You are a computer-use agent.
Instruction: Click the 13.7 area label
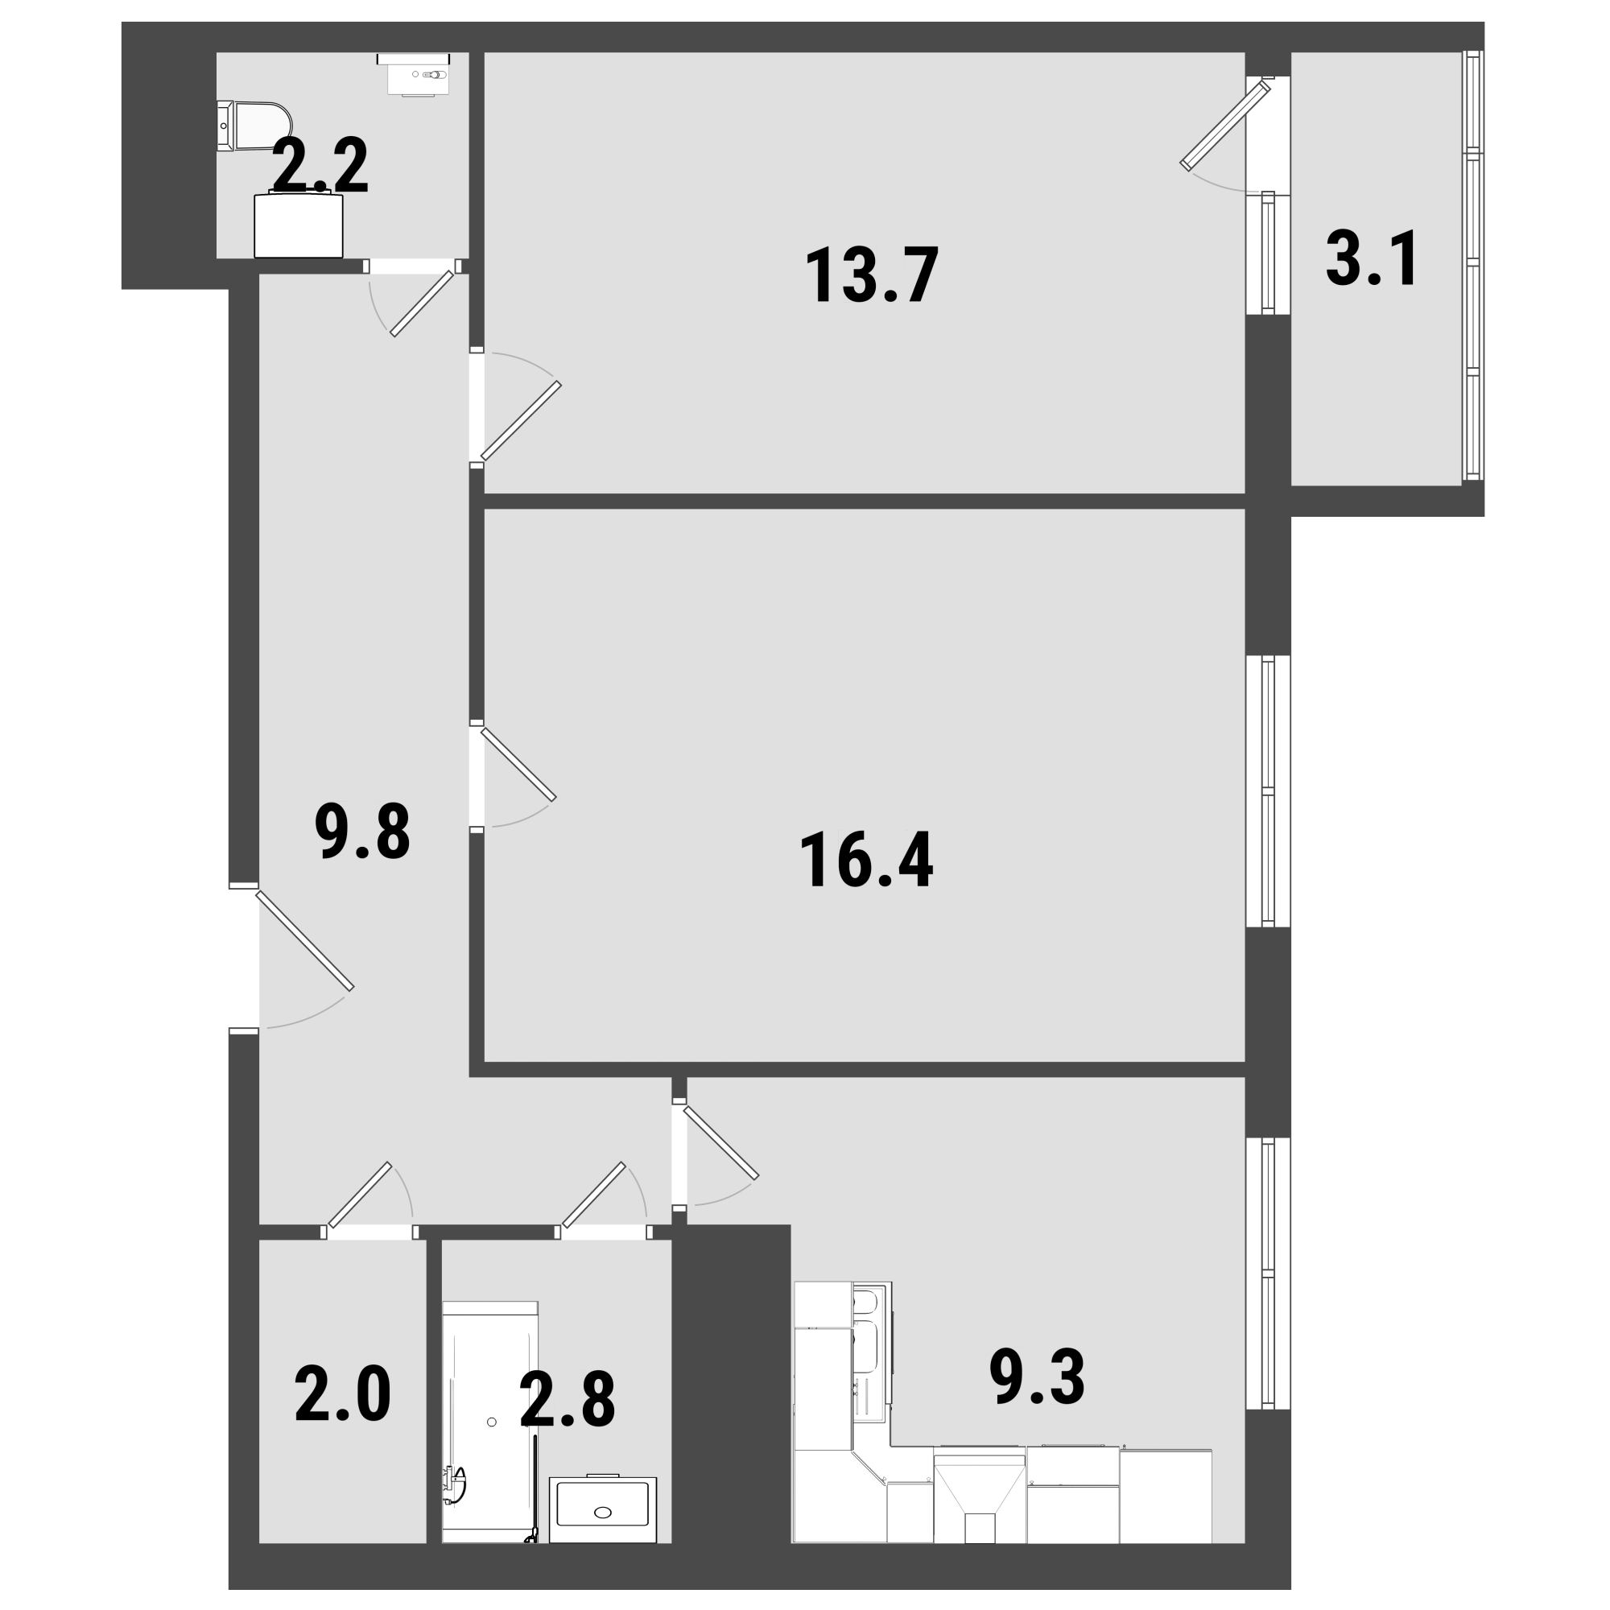click(x=872, y=275)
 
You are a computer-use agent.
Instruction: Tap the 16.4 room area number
click(x=866, y=861)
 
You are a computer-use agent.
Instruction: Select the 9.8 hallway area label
click(x=362, y=832)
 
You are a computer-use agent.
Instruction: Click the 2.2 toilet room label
click(x=320, y=167)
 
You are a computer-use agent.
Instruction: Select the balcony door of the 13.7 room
click(x=1225, y=124)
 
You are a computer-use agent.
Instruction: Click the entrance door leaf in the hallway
click(x=305, y=941)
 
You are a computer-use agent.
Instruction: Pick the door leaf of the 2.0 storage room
click(x=360, y=1195)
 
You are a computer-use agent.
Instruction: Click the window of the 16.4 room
click(x=1268, y=791)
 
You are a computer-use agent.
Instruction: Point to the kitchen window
click(x=1268, y=1274)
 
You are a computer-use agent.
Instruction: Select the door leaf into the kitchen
click(x=720, y=1142)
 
